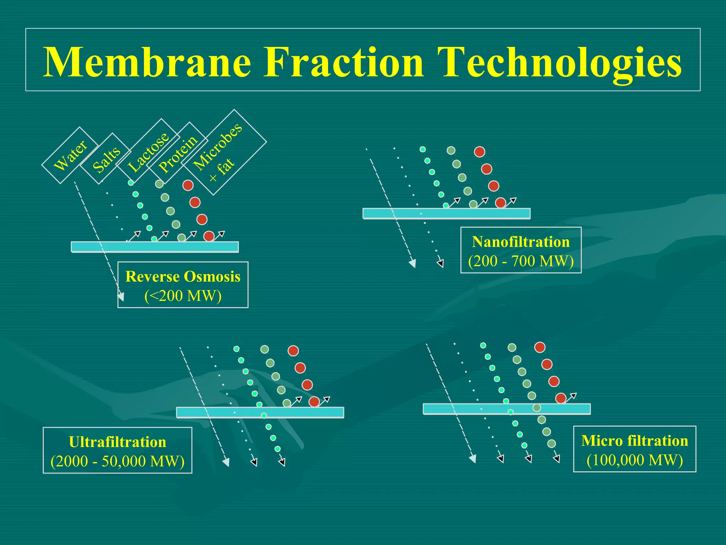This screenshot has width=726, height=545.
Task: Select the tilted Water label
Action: (x=70, y=155)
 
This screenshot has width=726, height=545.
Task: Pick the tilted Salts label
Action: (x=106, y=160)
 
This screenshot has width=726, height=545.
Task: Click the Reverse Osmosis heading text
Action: (x=183, y=277)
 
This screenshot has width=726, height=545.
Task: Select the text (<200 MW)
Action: (x=183, y=296)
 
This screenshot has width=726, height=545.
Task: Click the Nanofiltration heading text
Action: (x=521, y=242)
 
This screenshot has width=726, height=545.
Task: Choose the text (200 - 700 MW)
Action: (x=521, y=262)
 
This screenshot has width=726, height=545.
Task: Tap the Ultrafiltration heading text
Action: (x=117, y=442)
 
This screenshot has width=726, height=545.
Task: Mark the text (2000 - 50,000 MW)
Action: (x=117, y=461)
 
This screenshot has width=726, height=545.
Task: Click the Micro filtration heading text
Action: (x=635, y=441)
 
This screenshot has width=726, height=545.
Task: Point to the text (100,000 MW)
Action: (x=635, y=460)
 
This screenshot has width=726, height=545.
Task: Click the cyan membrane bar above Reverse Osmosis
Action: (x=155, y=247)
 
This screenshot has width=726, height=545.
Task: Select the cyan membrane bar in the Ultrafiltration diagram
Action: (x=260, y=412)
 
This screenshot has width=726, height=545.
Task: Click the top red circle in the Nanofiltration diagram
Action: (x=479, y=152)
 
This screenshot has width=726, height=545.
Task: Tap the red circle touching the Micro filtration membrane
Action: (x=560, y=398)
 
